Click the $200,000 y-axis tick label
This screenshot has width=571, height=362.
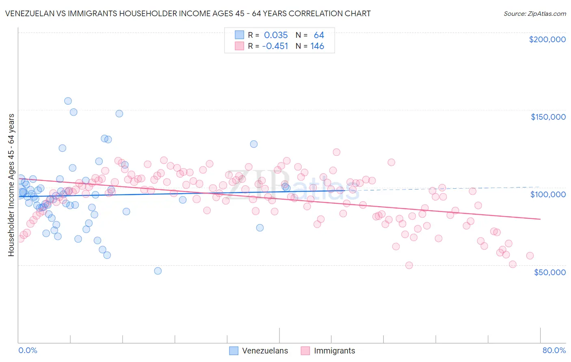tap(547, 39)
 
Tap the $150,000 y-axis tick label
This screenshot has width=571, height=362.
tap(548, 117)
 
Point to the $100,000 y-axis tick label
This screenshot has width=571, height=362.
tap(548, 194)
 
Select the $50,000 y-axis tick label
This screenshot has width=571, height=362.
tap(549, 272)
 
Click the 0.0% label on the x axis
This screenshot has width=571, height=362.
tap(28, 350)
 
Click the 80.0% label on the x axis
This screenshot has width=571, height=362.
tap(554, 350)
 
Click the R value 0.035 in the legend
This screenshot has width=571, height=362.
tap(276, 35)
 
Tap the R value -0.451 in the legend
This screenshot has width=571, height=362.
tap(275, 46)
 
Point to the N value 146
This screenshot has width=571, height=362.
tap(317, 46)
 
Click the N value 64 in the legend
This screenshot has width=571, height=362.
tap(319, 35)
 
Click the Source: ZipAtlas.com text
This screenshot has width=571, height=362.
tap(534, 13)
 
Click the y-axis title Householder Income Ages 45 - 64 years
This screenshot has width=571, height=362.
tap(11, 185)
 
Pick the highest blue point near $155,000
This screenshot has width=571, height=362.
tap(68, 101)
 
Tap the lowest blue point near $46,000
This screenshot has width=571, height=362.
tap(158, 271)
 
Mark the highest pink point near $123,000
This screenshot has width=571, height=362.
tap(336, 152)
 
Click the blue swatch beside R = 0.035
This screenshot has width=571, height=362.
tap(239, 35)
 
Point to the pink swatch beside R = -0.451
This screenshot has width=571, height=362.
tap(239, 46)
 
